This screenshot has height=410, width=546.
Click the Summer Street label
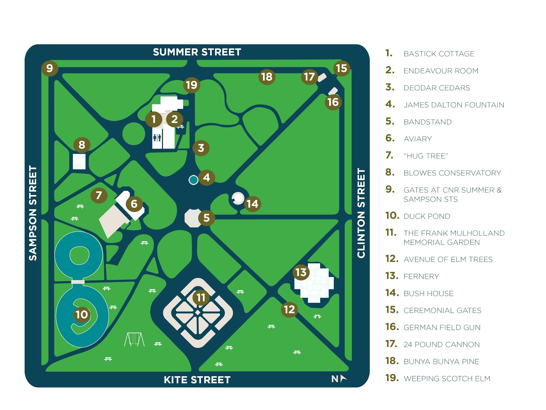coord(197,52)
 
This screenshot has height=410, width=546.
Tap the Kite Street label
coord(197,380)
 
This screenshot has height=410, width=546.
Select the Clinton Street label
coord(361,213)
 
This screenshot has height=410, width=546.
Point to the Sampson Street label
coord(33,213)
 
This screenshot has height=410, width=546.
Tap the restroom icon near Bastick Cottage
coord(157,138)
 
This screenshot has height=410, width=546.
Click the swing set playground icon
coord(134,339)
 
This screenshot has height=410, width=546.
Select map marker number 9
coord(50,68)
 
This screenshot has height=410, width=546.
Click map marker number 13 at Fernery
coord(301,272)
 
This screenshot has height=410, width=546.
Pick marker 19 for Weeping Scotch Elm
coord(191,85)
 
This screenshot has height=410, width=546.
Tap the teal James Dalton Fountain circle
coord(193,180)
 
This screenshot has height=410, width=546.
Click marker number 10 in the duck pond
coord(82,314)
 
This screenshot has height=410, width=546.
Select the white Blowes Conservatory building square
coord(79,161)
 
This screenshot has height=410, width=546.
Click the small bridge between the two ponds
coord(78,282)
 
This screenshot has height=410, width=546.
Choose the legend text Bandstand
coord(427,122)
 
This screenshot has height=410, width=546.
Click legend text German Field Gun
coord(442,328)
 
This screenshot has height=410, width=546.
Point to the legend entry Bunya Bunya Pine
coord(441,361)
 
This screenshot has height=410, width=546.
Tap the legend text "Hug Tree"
coord(426,156)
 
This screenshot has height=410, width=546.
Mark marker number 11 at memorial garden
coord(201,297)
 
